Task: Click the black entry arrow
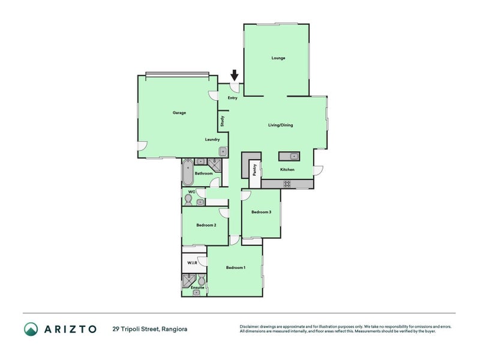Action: [x=234, y=76]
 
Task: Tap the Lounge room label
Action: [x=278, y=58]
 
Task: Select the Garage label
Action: [x=179, y=113]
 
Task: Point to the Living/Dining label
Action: [x=280, y=125]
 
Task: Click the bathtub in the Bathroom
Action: [x=188, y=173]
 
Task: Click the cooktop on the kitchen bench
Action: [x=287, y=184]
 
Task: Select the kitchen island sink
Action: [x=294, y=157]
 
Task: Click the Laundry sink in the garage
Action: [x=223, y=151]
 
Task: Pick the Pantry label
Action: [x=254, y=170]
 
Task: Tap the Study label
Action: [x=222, y=121]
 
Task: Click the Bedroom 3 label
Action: [x=261, y=212]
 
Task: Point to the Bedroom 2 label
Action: [x=206, y=225]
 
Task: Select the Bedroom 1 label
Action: [x=236, y=268]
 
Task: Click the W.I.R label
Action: [x=192, y=263]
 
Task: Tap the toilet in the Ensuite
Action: [x=202, y=280]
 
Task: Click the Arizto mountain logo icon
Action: [x=31, y=329]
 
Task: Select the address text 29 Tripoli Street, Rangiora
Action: [x=150, y=329]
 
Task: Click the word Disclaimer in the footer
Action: [x=249, y=326]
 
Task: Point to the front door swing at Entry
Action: [x=235, y=88]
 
